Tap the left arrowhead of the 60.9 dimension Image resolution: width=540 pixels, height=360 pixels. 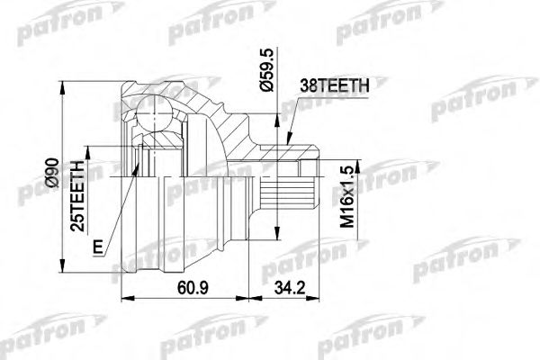(x=124, y=301)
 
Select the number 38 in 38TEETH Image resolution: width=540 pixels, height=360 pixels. (x=306, y=88)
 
